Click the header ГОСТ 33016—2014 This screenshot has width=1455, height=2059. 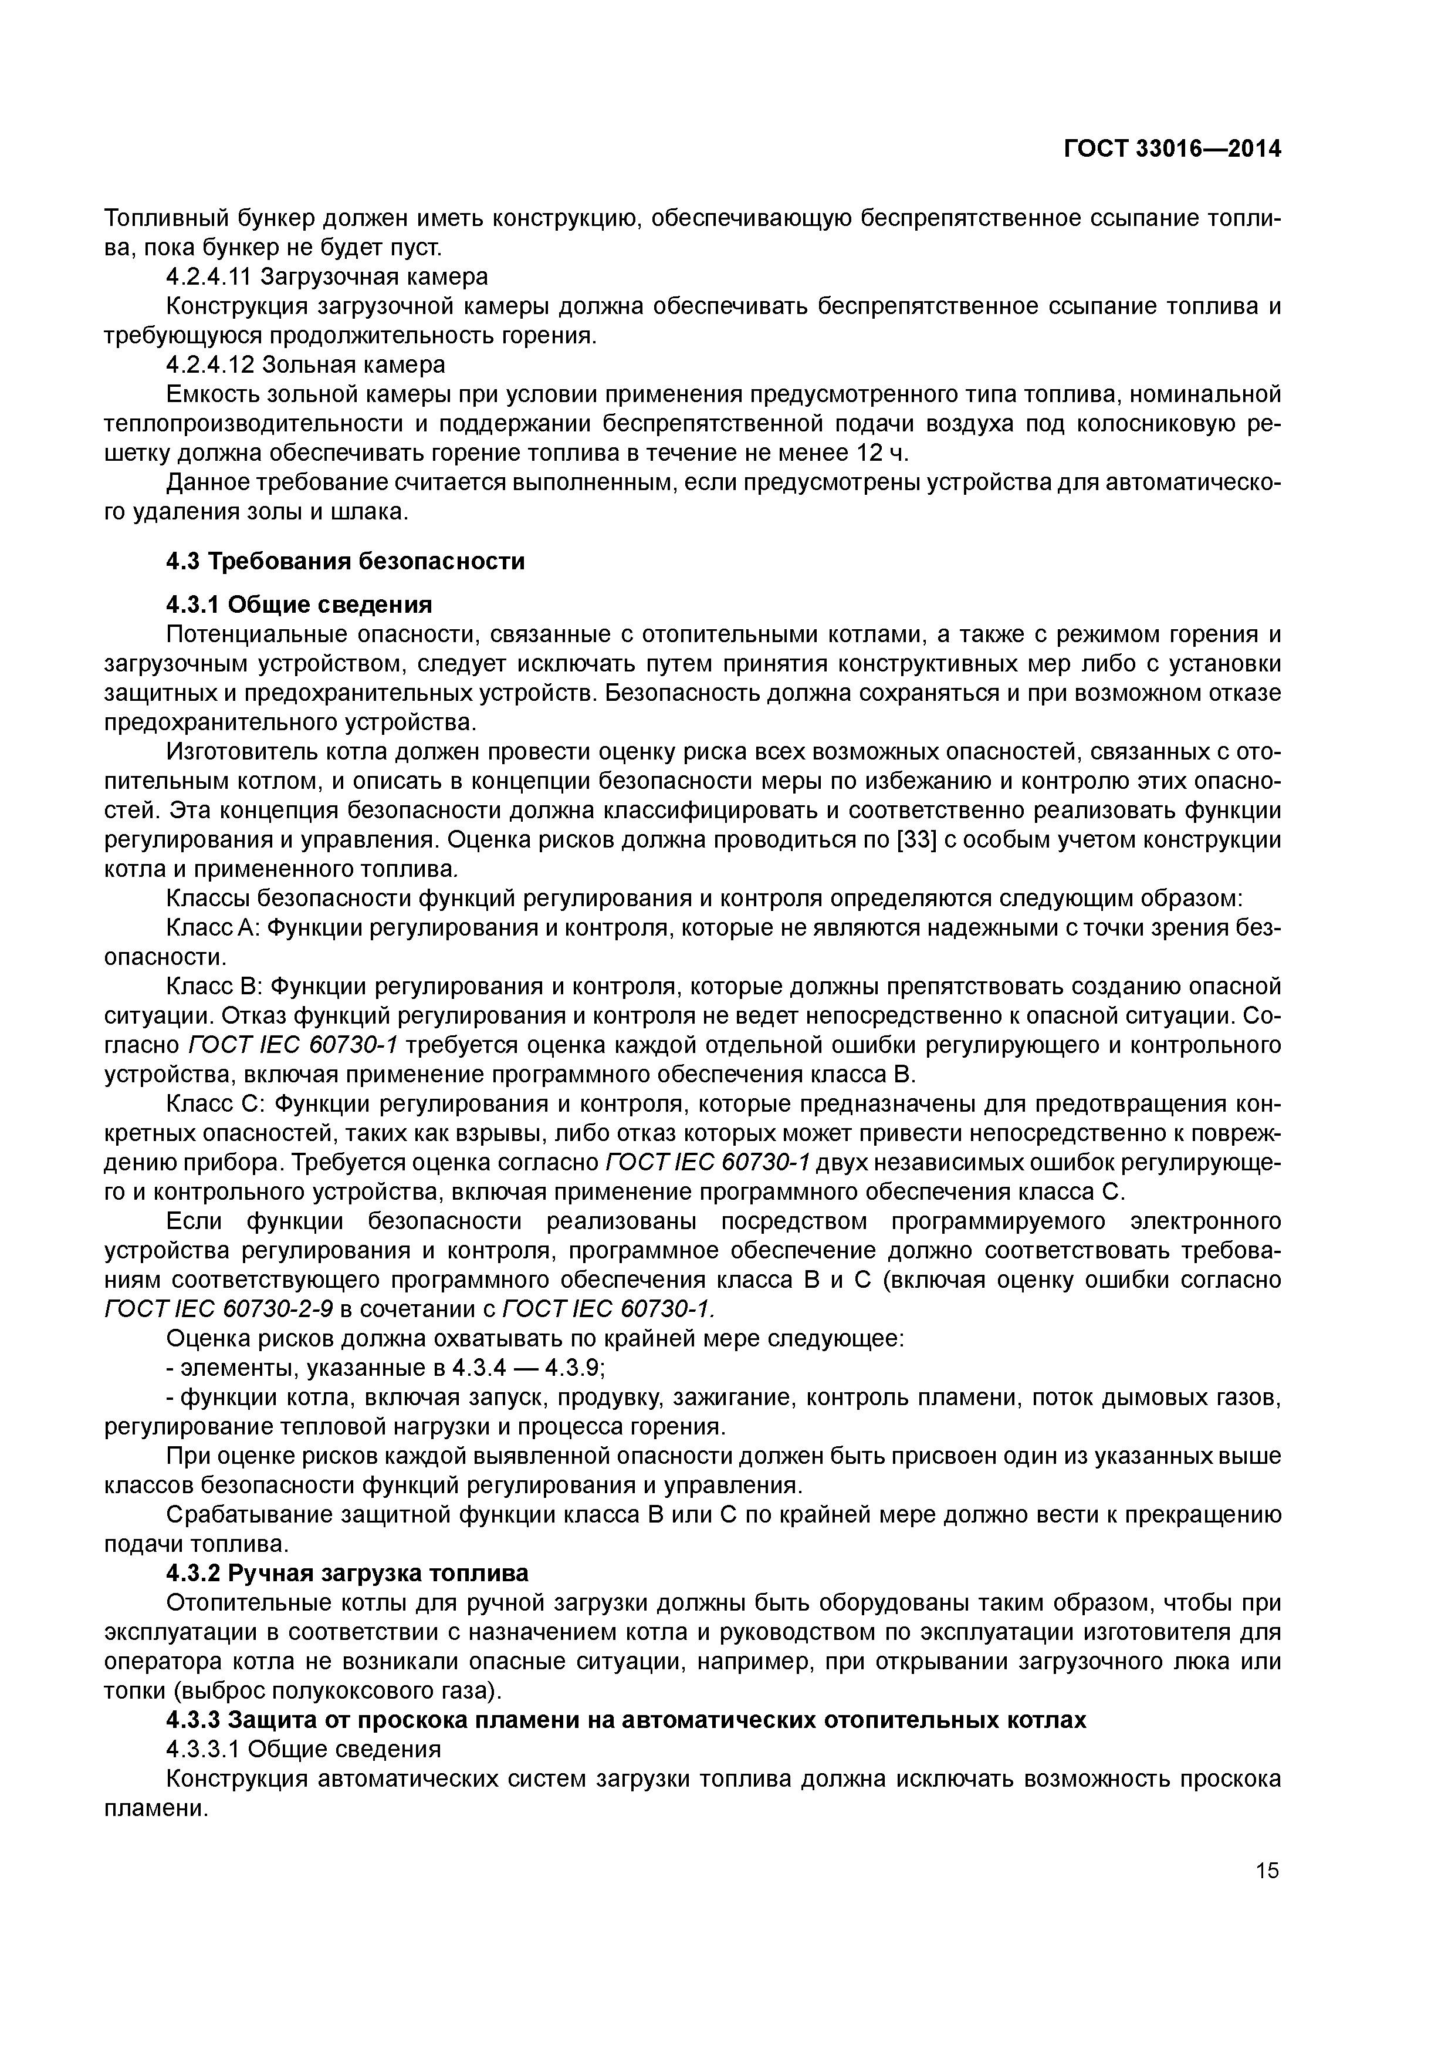coord(1172,149)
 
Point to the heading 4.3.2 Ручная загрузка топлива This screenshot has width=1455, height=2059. coord(348,1573)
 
